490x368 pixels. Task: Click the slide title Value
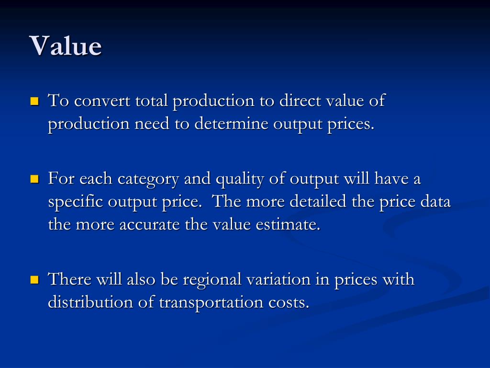tap(66, 46)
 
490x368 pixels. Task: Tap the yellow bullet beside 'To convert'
tap(34, 102)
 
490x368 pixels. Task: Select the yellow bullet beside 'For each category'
tap(34, 180)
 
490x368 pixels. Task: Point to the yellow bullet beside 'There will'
tap(34, 279)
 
